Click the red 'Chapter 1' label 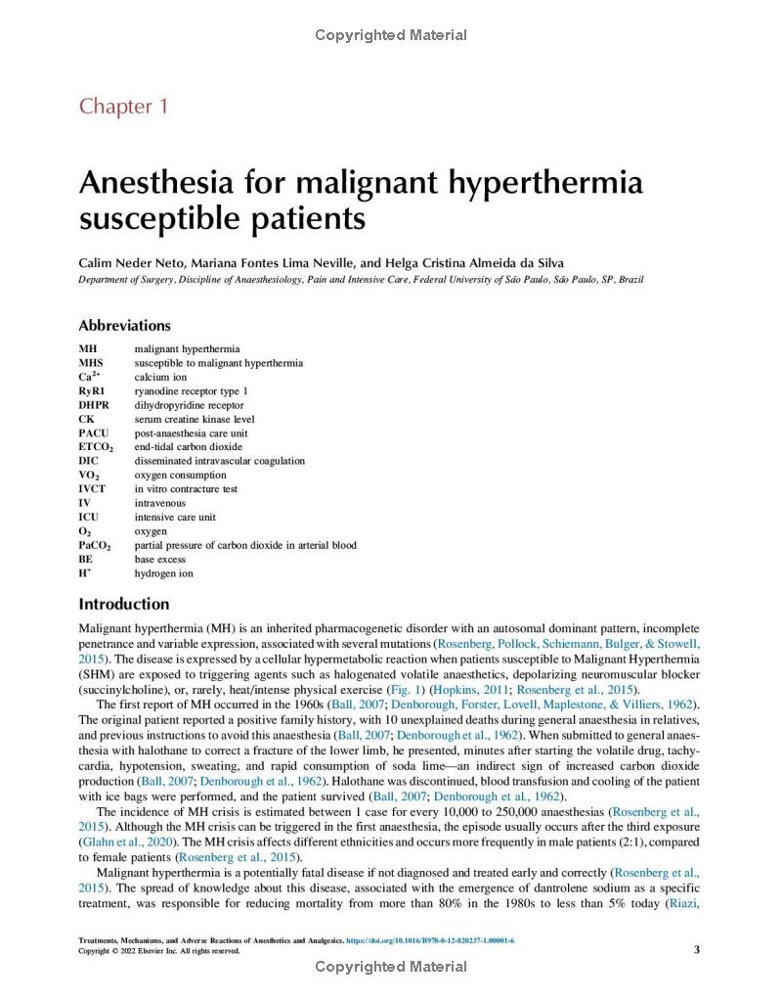tap(123, 107)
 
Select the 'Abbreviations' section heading tap(124, 326)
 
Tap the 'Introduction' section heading tap(123, 604)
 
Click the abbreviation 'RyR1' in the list tap(92, 390)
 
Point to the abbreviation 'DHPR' tap(94, 405)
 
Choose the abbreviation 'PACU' tap(94, 432)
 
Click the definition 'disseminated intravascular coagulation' tap(219, 461)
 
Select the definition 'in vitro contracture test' tap(186, 489)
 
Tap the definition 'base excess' tap(159, 559)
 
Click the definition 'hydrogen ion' tap(163, 573)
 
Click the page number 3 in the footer tap(696, 948)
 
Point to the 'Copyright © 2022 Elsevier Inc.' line tap(158, 951)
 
